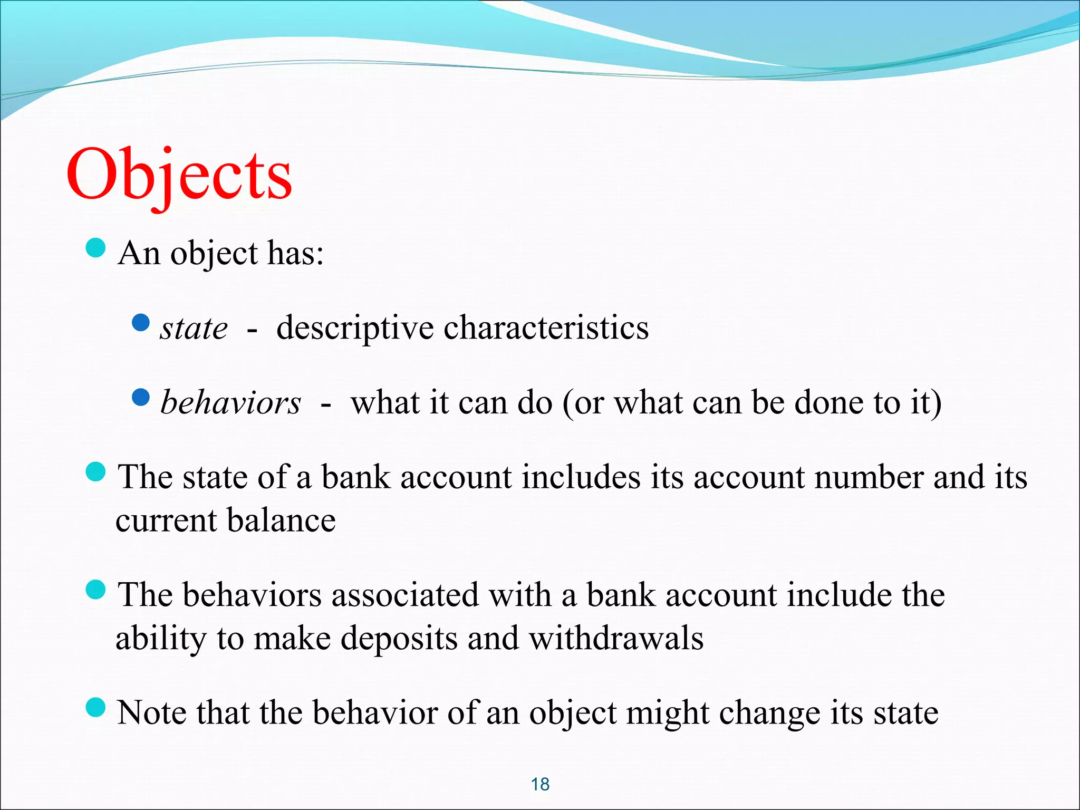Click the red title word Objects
pyautogui.click(x=179, y=174)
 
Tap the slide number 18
pyautogui.click(x=540, y=784)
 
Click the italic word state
pyautogui.click(x=194, y=329)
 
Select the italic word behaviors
pyautogui.click(x=230, y=403)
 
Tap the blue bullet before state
pyautogui.click(x=141, y=322)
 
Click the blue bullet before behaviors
pyautogui.click(x=141, y=397)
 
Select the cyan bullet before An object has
pyautogui.click(x=95, y=247)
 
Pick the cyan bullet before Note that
pyautogui.click(x=95, y=707)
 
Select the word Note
pyautogui.click(x=151, y=712)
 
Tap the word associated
pyautogui.click(x=405, y=595)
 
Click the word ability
pyautogui.click(x=161, y=639)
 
